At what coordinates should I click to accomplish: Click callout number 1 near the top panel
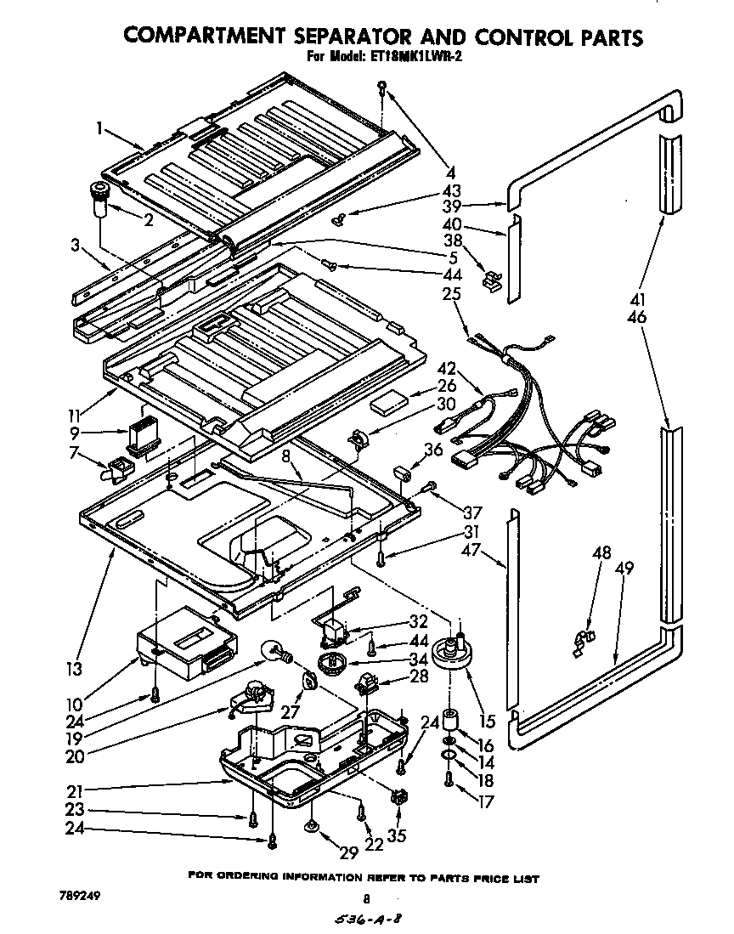(x=100, y=129)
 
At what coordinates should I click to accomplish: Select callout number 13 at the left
(x=75, y=668)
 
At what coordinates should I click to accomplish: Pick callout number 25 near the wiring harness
(x=451, y=295)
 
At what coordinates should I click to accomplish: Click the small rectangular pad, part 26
(x=392, y=402)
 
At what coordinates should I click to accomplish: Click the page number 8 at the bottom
(x=367, y=898)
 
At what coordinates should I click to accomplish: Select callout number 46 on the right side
(x=637, y=318)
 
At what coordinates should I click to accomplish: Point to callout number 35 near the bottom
(x=396, y=835)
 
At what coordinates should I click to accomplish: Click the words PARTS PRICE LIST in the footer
(x=488, y=878)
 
